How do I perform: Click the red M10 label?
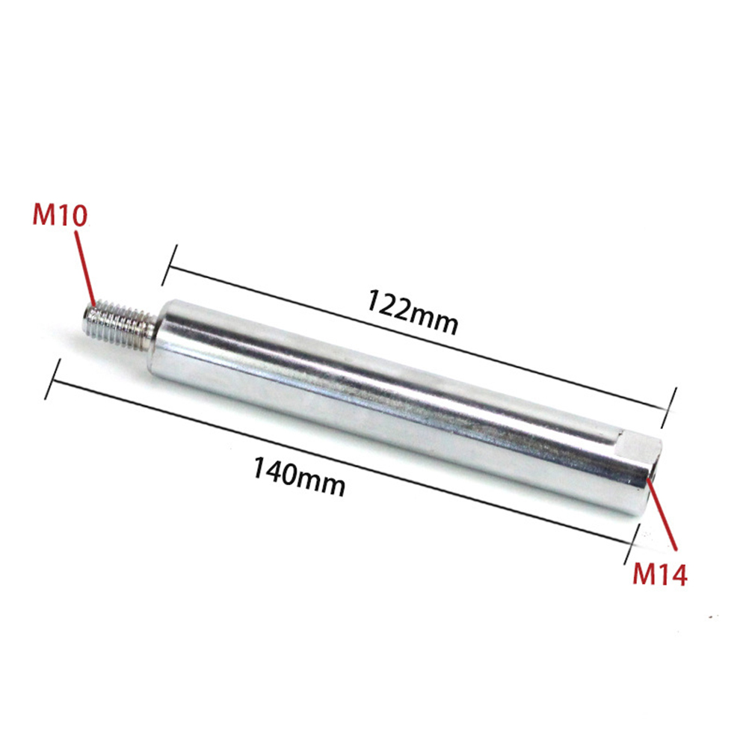pyautogui.click(x=61, y=215)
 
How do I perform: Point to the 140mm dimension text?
pyautogui.click(x=298, y=475)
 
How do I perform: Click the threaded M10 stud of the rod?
pyautogui.click(x=120, y=321)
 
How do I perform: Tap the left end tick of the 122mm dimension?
pyautogui.click(x=169, y=265)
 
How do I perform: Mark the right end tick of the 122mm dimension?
pyautogui.click(x=669, y=407)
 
